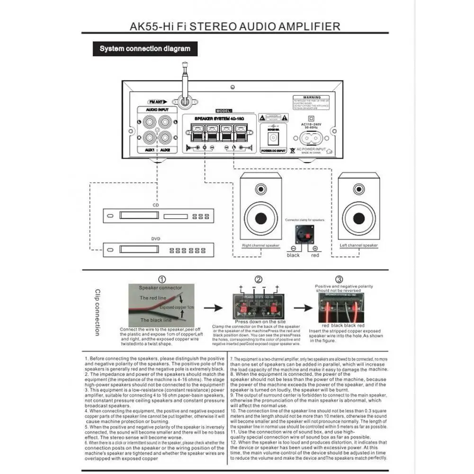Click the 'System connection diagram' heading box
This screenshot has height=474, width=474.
coord(145,49)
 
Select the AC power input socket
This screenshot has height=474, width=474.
coord(311,139)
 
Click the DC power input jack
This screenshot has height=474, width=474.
coord(272,138)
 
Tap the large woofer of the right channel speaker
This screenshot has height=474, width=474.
coord(260,218)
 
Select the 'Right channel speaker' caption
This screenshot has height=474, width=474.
coord(260,245)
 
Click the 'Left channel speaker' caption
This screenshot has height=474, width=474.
coord(359,245)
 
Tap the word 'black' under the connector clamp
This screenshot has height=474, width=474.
coord(293,255)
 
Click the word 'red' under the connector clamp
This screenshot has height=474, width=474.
coord(315,255)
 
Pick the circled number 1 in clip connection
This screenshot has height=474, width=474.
coord(162,279)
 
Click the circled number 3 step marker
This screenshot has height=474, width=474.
coord(339,279)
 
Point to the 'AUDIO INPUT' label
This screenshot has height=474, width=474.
coord(157,110)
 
